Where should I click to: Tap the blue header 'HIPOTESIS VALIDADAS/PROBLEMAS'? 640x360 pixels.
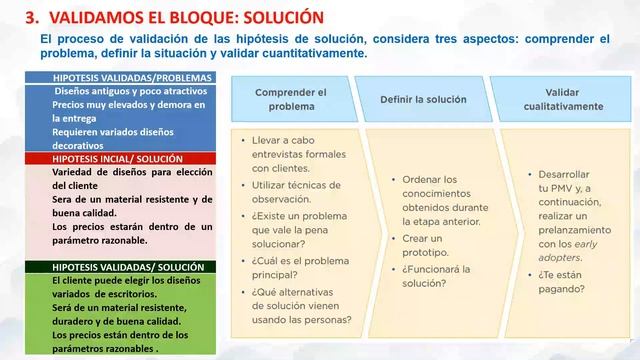(118, 77)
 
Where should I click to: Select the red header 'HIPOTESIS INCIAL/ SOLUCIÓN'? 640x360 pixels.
(118, 158)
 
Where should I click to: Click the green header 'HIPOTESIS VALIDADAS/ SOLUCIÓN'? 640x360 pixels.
(118, 267)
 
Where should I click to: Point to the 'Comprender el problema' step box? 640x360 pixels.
(290, 99)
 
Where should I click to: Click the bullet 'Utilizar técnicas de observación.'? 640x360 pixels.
(293, 193)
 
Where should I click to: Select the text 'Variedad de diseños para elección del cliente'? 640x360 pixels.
(131, 178)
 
